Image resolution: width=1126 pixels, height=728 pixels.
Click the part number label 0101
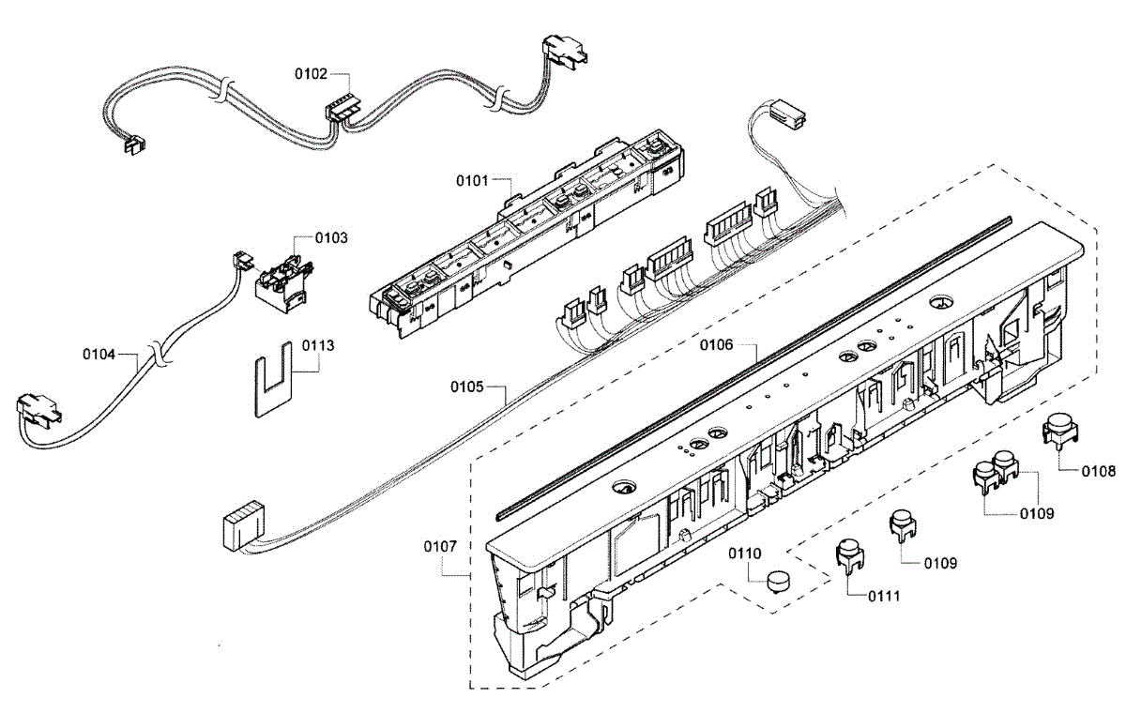point(472,178)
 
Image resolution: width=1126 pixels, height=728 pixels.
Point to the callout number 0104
point(99,355)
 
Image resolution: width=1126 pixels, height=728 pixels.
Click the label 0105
point(467,387)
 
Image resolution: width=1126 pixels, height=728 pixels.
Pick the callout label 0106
point(716,345)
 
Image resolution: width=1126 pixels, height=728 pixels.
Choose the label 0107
point(440,544)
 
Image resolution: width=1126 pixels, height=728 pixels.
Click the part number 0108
point(1099,472)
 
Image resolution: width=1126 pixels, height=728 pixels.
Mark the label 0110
point(746,554)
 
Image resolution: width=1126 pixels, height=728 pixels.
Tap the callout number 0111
point(884,596)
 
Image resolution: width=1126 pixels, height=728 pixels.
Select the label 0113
point(318,345)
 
